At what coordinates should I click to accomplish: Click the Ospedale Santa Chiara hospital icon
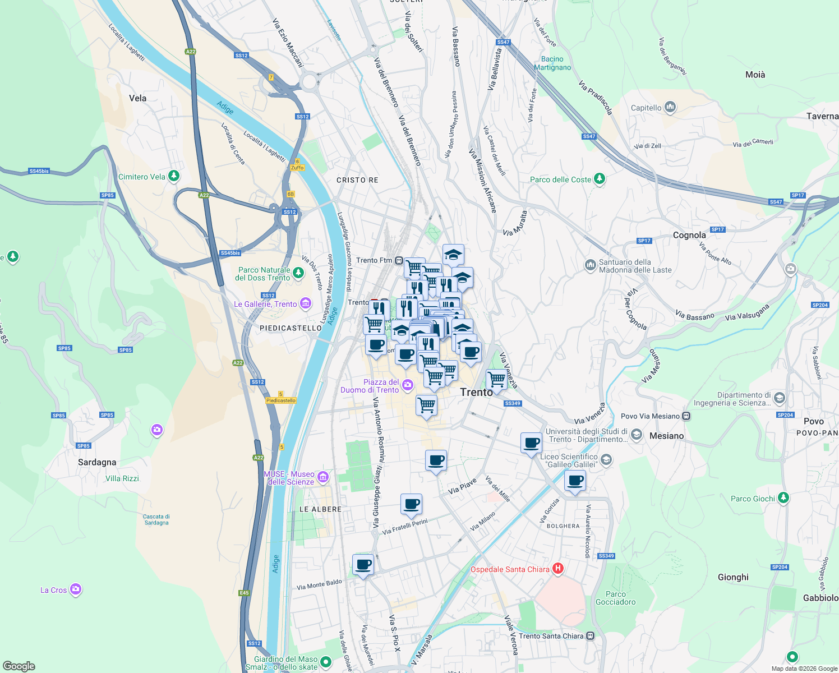click(557, 569)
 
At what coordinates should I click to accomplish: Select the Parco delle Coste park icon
click(600, 179)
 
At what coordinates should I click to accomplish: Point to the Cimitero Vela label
click(142, 177)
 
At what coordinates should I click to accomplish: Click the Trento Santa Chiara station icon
click(590, 636)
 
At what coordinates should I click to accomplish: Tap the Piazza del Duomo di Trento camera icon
click(408, 385)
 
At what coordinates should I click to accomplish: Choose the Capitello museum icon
click(670, 107)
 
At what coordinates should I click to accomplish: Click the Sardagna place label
click(97, 462)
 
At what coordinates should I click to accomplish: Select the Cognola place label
click(689, 235)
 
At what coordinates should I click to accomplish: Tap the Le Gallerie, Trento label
click(265, 304)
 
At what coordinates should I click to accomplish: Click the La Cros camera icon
click(76, 589)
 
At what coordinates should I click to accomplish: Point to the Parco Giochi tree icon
click(783, 498)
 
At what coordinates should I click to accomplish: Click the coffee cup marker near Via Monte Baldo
click(363, 565)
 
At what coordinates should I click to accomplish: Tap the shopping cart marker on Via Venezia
click(496, 380)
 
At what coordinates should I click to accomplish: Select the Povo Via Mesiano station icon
click(686, 416)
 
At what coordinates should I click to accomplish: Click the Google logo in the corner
click(19, 666)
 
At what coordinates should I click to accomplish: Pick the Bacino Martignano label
click(552, 63)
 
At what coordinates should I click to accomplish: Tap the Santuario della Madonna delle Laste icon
click(590, 265)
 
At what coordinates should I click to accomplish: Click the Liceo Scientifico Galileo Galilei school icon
click(606, 460)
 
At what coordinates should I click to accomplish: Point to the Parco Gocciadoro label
click(616, 598)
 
